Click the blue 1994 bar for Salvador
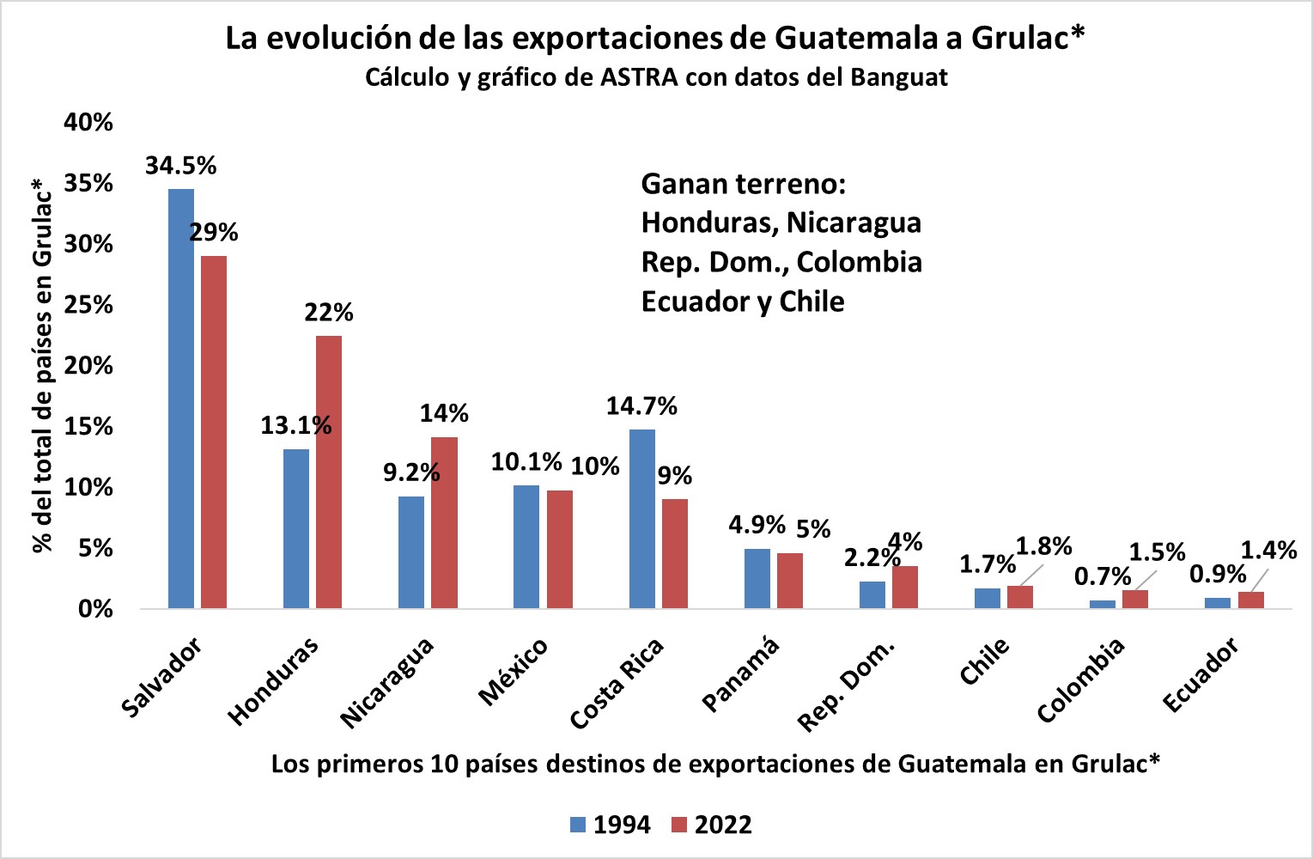[x=181, y=399]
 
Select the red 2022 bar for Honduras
[x=329, y=472]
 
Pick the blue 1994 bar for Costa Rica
[x=642, y=519]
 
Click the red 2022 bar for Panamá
[x=790, y=581]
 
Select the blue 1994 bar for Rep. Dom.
[x=872, y=594]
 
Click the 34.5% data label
[x=180, y=165]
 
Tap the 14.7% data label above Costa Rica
[x=641, y=405]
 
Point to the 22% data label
[x=329, y=312]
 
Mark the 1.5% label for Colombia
[x=1157, y=552]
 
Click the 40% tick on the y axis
[x=88, y=122]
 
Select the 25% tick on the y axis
[x=88, y=305]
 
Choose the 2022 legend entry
[x=712, y=825]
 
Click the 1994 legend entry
[x=611, y=825]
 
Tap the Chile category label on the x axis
[x=984, y=662]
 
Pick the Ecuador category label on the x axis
[x=1201, y=675]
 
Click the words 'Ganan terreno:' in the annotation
[x=744, y=184]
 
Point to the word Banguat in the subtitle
[x=899, y=77]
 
